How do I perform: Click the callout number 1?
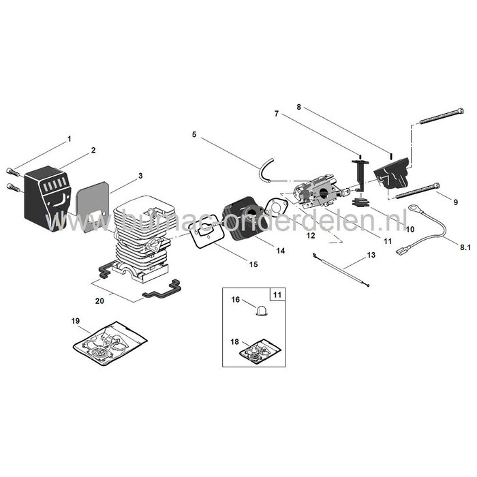point(69,139)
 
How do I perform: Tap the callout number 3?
point(140,176)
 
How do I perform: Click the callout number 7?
point(277,114)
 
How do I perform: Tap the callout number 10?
point(410,230)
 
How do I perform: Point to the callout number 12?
point(310,236)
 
